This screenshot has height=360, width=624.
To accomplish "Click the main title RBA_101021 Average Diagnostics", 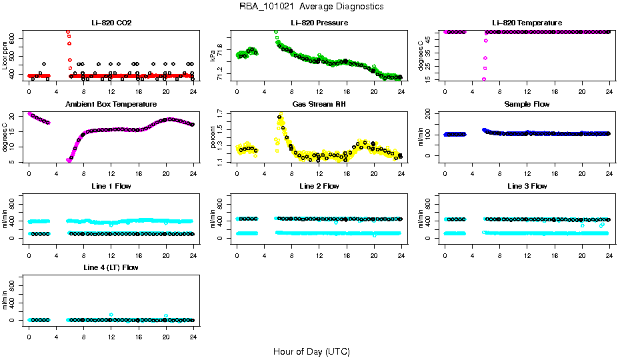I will (312, 7).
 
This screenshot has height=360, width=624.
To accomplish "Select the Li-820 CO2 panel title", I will (111, 23).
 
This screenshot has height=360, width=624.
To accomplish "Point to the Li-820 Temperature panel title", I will (527, 23).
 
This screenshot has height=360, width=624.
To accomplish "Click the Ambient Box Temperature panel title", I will (111, 105).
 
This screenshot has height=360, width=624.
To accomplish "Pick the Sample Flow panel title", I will (527, 105).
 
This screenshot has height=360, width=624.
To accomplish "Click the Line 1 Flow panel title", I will (111, 186).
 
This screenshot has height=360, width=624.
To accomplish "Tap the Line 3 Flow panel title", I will (527, 186).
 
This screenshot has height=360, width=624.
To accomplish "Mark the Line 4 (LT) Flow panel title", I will (111, 267).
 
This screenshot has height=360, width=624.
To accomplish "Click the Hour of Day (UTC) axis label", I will (311, 351).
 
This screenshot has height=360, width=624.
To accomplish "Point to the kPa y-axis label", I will (213, 55).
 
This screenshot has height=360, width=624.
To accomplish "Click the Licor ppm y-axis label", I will (5, 55).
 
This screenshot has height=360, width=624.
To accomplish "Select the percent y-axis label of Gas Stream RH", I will (213, 137).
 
